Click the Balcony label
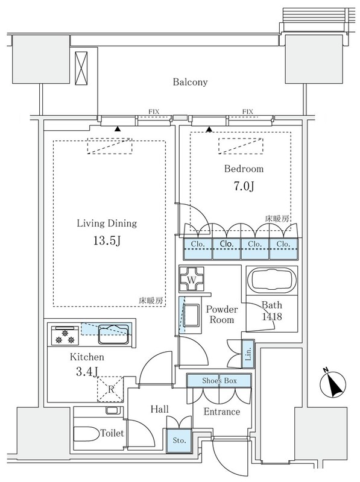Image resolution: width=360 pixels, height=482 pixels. [x=190, y=82]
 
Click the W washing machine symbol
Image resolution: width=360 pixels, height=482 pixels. [x=191, y=279]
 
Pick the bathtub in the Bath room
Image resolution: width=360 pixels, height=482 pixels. [x=272, y=281]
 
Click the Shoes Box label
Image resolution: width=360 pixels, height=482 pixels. [x=219, y=381]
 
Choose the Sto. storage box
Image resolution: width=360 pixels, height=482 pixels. [x=179, y=440]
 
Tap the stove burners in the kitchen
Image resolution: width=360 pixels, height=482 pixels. [x=63, y=336]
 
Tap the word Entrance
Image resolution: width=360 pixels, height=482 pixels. [x=222, y=412]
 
